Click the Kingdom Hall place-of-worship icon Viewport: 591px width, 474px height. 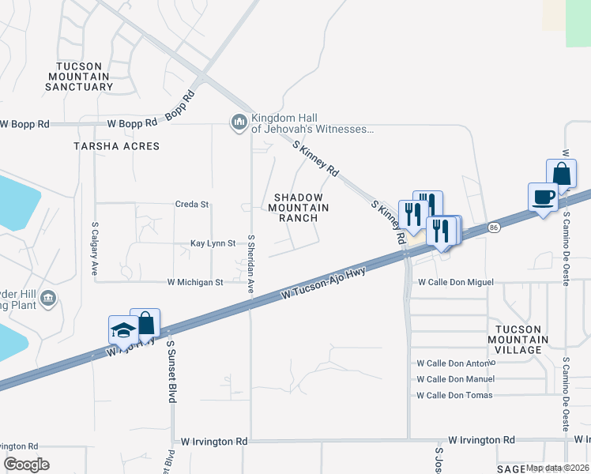tap(239, 122)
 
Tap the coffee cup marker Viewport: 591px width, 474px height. tap(544, 197)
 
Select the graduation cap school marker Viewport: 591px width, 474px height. tap(123, 329)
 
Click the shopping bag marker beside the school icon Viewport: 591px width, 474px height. tap(145, 322)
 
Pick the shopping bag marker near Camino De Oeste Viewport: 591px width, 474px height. tap(561, 174)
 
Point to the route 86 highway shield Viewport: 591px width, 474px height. tap(494, 227)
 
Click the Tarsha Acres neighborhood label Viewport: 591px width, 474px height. tap(116, 146)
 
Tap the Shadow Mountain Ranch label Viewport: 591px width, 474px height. tap(299, 207)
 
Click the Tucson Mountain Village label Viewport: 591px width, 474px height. tap(518, 338)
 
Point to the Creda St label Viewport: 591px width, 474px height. tap(192, 204)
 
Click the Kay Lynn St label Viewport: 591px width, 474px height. tap(213, 244)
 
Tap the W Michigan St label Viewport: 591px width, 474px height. tap(195, 281)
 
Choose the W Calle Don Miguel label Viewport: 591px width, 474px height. tap(456, 282)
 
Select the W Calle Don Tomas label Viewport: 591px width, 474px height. tap(454, 395)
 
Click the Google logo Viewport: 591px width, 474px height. tap(27, 465)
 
